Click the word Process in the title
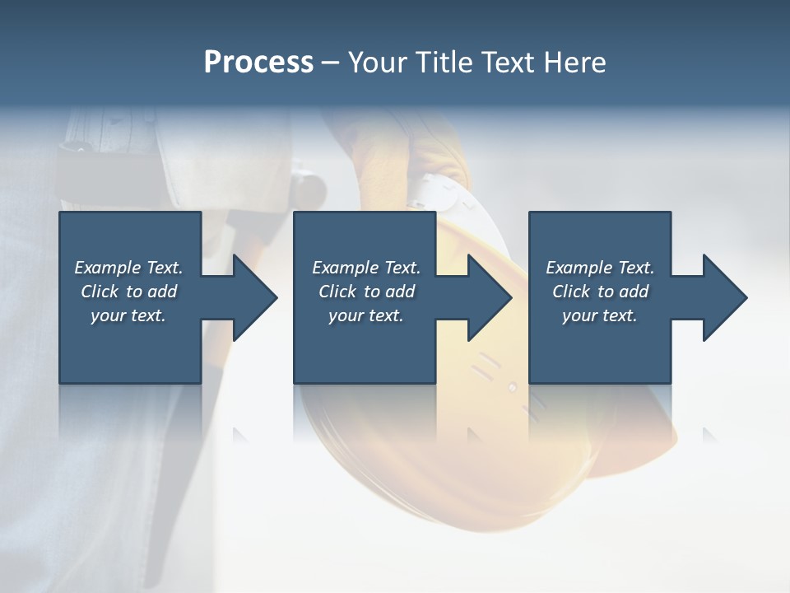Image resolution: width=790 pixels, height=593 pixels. click(258, 63)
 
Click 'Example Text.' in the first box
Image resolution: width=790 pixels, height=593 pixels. click(129, 268)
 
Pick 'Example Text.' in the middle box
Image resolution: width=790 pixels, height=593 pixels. click(366, 268)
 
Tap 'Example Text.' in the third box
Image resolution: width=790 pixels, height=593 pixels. click(600, 268)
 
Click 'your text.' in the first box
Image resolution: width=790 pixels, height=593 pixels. click(128, 315)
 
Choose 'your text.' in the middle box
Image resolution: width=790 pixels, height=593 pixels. click(365, 315)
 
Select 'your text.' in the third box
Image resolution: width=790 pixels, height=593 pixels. click(599, 315)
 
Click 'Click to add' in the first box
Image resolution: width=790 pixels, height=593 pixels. click(129, 292)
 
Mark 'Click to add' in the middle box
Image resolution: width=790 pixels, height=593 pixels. click(366, 292)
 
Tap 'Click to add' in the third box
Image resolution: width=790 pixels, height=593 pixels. click(600, 292)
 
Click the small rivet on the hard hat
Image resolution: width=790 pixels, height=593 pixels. click(512, 386)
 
